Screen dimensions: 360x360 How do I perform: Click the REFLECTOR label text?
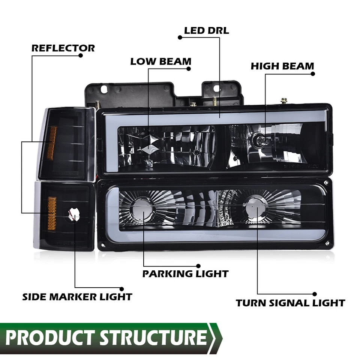[63, 48]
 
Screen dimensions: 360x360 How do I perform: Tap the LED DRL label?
[206, 30]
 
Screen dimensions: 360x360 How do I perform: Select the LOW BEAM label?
[160, 61]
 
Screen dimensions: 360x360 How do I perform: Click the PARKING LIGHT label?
[185, 274]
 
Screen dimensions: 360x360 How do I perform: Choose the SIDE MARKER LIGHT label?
[77, 297]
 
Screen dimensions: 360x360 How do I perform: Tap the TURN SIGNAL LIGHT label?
[290, 303]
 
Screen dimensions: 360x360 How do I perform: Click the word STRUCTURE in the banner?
[154, 337]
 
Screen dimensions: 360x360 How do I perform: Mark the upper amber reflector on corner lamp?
[52, 143]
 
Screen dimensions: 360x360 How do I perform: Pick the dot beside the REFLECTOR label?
[80, 55]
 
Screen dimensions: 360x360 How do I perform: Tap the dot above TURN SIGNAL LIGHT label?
[315, 294]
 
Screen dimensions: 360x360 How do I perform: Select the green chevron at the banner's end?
[216, 337]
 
